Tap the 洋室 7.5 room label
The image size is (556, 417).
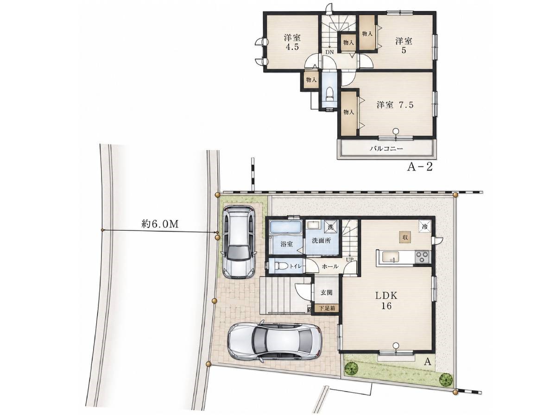tap(395, 105)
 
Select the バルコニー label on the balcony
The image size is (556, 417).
tap(386, 149)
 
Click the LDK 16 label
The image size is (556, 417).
tap(386, 301)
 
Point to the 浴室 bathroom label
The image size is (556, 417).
tap(287, 244)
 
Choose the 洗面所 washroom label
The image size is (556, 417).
tap(322, 240)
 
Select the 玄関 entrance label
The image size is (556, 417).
tap(326, 293)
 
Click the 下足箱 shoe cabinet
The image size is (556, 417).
tap(327, 309)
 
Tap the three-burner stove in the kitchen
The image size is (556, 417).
tap(423, 257)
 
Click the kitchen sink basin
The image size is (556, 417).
tap(390, 257)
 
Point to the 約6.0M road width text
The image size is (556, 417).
tap(160, 224)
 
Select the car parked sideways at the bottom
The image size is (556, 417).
tap(275, 341)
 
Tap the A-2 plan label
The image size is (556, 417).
tap(420, 167)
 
